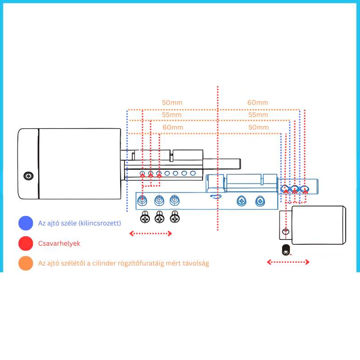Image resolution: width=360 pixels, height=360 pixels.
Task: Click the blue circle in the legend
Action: (x=26, y=223)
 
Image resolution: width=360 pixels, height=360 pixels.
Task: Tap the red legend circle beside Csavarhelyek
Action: (x=26, y=243)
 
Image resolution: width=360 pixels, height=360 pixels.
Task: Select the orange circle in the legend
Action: (x=26, y=263)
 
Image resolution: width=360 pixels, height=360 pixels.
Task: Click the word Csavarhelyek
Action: (x=59, y=243)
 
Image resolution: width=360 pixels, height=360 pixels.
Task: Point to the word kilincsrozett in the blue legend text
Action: (x=99, y=223)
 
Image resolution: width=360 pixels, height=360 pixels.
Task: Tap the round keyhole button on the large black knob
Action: (x=28, y=176)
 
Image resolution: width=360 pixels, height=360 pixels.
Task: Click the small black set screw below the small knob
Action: (x=286, y=250)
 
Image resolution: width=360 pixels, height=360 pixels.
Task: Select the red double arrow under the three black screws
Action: (x=151, y=234)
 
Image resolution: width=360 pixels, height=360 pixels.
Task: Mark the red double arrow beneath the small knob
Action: (x=288, y=262)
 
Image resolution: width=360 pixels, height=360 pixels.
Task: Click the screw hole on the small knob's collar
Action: (x=286, y=231)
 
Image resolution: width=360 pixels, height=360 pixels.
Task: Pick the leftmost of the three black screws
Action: (x=145, y=217)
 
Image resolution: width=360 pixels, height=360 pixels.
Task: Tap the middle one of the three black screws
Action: (x=159, y=217)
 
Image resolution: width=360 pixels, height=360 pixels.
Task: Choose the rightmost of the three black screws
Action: (x=175, y=217)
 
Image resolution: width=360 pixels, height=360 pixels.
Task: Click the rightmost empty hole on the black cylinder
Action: (x=193, y=173)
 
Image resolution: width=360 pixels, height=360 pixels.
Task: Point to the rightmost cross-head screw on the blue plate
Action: (x=260, y=201)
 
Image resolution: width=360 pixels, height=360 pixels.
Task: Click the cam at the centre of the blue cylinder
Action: (x=216, y=196)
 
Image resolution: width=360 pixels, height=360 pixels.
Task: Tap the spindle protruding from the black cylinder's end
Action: (x=222, y=163)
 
